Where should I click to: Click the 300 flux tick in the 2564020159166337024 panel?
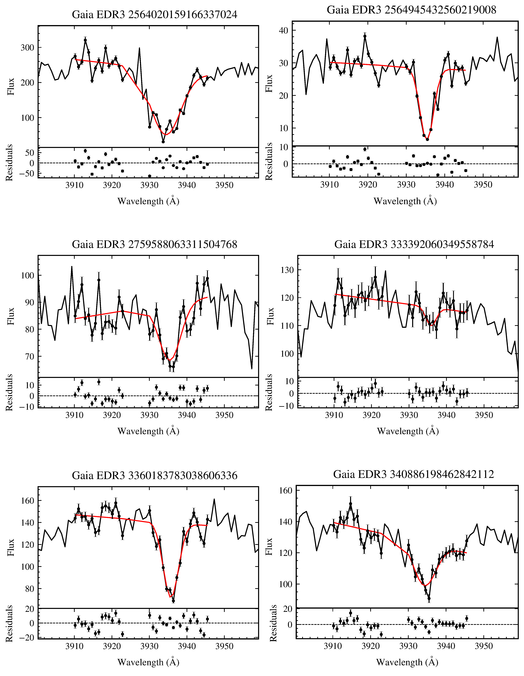[27, 48]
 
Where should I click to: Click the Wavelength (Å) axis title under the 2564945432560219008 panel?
[405, 201]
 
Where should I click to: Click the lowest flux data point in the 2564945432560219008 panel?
[427, 139]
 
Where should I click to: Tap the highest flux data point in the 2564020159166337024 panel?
[85, 40]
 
